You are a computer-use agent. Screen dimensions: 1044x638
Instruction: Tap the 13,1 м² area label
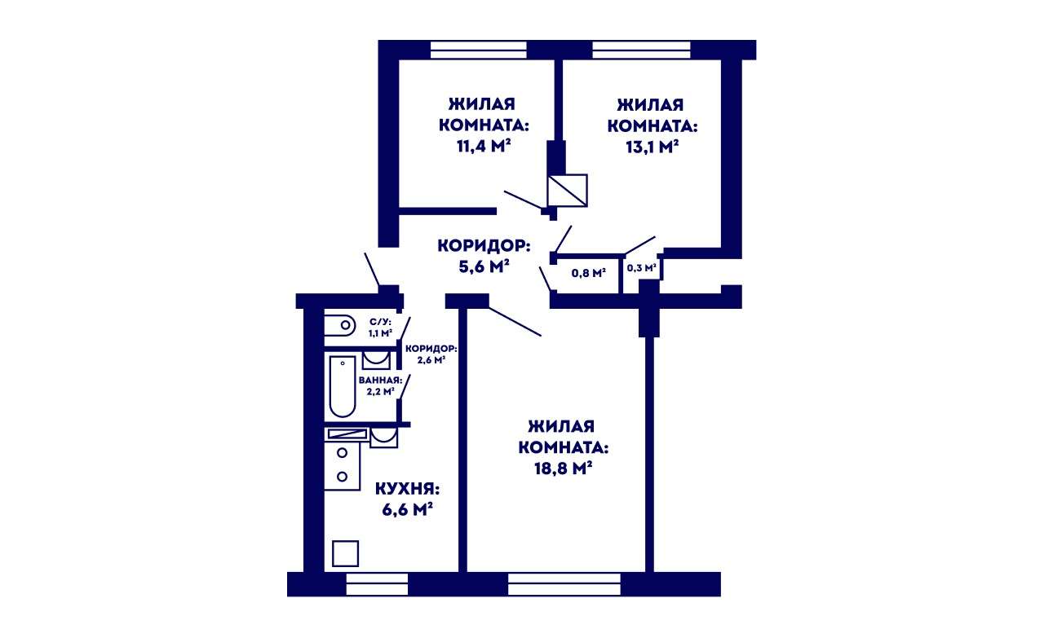(652, 147)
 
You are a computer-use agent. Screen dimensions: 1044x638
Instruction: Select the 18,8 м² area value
(563, 468)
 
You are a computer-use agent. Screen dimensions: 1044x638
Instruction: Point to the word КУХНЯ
(407, 489)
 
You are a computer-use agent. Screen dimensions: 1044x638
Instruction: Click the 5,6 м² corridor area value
(484, 266)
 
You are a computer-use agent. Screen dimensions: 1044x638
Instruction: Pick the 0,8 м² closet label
(589, 273)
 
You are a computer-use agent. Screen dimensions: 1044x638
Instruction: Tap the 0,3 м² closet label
(642, 268)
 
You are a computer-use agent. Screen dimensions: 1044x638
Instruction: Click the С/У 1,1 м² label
(380, 328)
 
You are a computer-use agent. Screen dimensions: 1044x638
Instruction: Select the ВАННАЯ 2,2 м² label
(380, 385)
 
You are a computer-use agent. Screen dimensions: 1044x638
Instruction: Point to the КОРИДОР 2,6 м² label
(431, 354)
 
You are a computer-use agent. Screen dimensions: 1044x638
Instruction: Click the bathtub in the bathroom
(343, 386)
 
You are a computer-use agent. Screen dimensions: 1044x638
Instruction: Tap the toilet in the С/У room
(340, 325)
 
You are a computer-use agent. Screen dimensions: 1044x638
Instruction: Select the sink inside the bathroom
(376, 360)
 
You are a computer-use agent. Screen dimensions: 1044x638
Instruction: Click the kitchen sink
(384, 438)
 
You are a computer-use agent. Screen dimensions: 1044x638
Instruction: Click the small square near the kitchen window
(345, 553)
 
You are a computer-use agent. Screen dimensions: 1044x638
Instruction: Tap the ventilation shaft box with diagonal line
(567, 191)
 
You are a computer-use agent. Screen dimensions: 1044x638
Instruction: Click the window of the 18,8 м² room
(564, 584)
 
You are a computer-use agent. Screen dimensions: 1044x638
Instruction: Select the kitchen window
(377, 584)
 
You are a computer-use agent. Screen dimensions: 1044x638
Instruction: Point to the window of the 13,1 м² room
(641, 50)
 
